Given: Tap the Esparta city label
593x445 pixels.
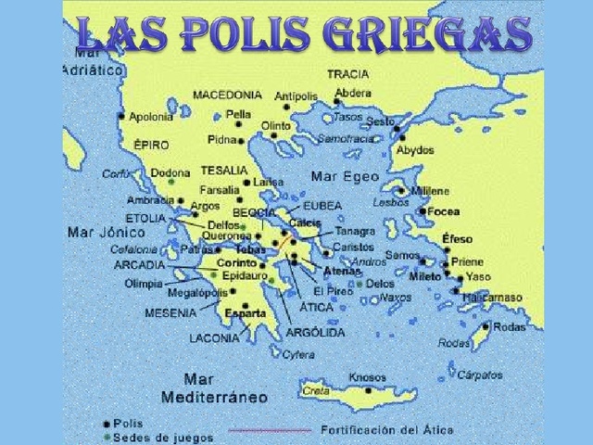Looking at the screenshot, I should point(246,313).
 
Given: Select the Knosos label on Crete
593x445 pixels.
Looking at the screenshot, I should point(367,377).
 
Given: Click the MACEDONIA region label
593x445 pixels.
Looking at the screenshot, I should point(227,95).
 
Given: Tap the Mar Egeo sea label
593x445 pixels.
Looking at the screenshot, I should point(345,176).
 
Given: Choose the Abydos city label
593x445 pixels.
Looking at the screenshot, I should point(414,150).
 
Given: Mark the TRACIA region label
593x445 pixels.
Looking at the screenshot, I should point(347,74).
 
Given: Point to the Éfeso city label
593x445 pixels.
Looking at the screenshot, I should point(457,239).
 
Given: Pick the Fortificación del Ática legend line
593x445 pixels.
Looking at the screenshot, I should point(270,430).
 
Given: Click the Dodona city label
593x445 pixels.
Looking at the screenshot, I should point(170,172).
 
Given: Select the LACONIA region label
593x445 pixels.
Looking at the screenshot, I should point(214,338).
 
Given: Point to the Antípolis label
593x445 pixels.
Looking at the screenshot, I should point(296,96).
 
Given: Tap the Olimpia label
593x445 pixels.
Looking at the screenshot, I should point(144,284).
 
